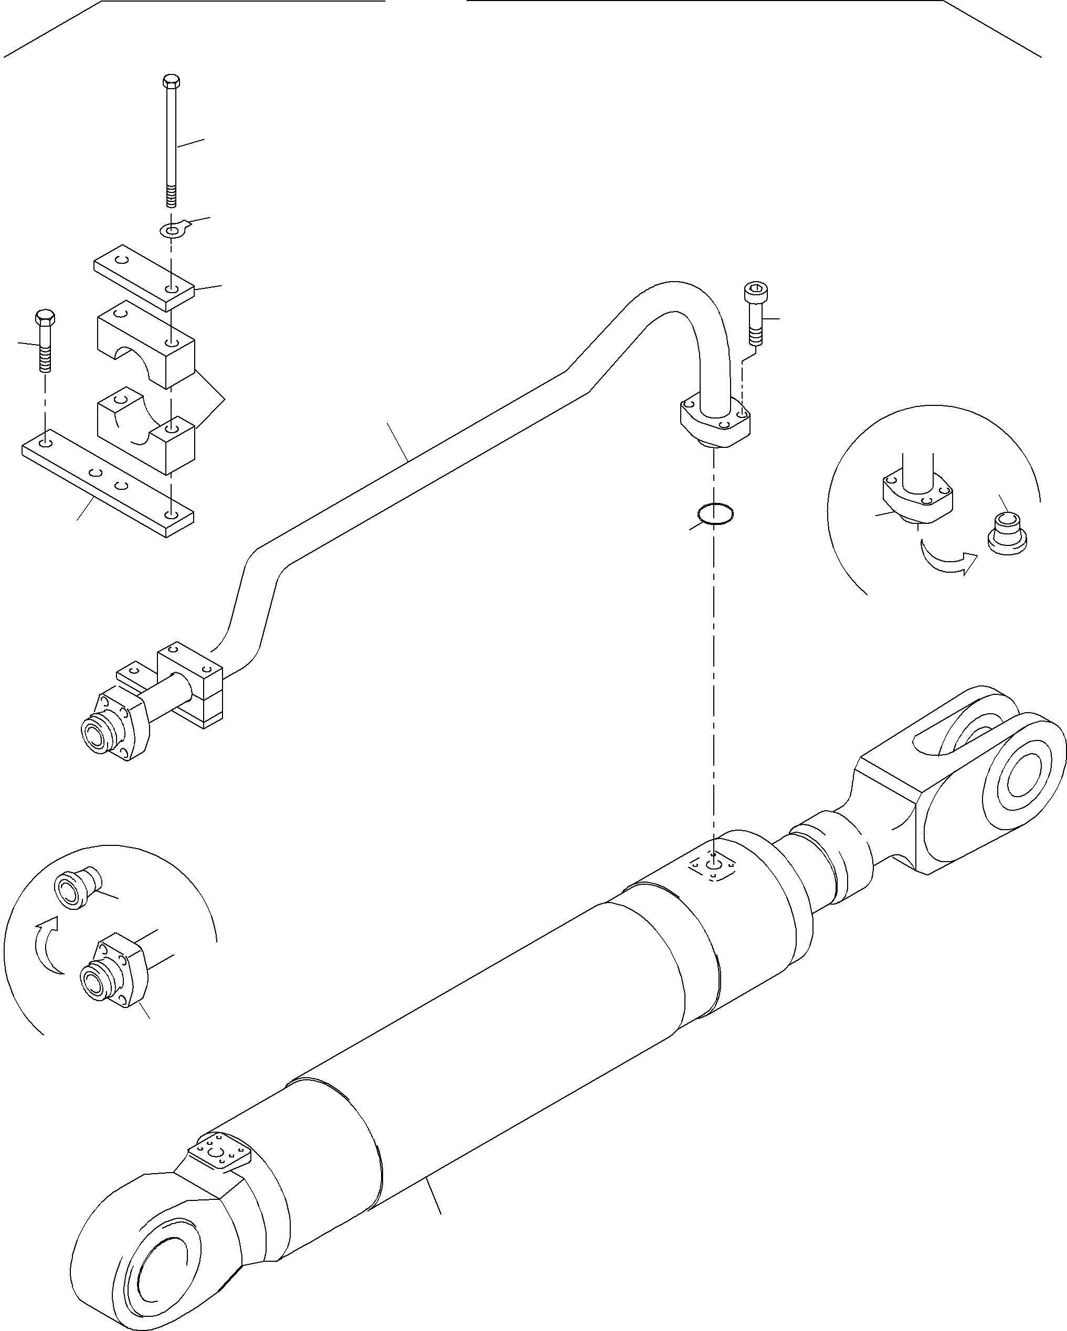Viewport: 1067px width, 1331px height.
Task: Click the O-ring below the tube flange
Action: [715, 513]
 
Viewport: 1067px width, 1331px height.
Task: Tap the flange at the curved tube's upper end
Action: [715, 422]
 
